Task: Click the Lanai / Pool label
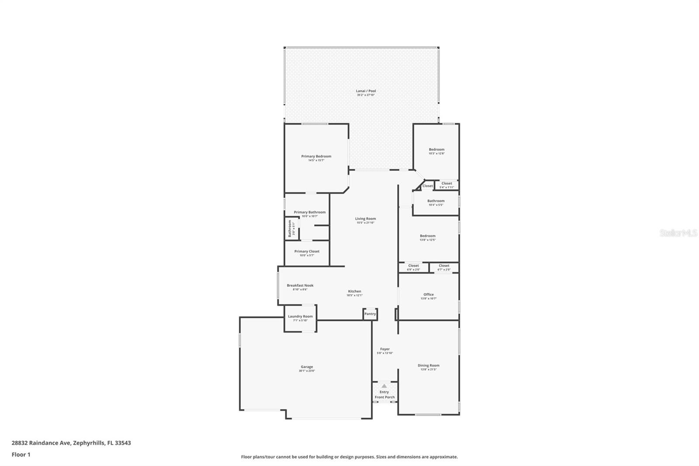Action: pyautogui.click(x=366, y=91)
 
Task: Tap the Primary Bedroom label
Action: pyautogui.click(x=316, y=156)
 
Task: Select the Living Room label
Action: pyautogui.click(x=365, y=219)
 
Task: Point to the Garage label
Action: pyautogui.click(x=307, y=367)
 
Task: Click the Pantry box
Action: pyautogui.click(x=370, y=314)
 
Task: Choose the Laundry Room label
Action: pyautogui.click(x=300, y=316)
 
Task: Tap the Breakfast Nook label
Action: pyautogui.click(x=300, y=285)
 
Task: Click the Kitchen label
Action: pyautogui.click(x=354, y=291)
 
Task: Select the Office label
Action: pyautogui.click(x=429, y=295)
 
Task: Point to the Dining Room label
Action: pyautogui.click(x=429, y=365)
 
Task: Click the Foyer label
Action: pyautogui.click(x=385, y=349)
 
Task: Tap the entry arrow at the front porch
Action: pyautogui.click(x=384, y=386)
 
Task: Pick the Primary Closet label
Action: pyautogui.click(x=307, y=251)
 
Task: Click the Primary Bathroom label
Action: pyautogui.click(x=309, y=212)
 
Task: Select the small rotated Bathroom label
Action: pyautogui.click(x=290, y=229)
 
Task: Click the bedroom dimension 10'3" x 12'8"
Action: pyautogui.click(x=436, y=153)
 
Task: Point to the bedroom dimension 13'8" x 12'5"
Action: pyautogui.click(x=428, y=240)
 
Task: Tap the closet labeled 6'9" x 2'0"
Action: pyautogui.click(x=413, y=268)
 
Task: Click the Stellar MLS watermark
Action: pyautogui.click(x=678, y=233)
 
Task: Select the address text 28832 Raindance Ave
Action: pyautogui.click(x=42, y=443)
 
